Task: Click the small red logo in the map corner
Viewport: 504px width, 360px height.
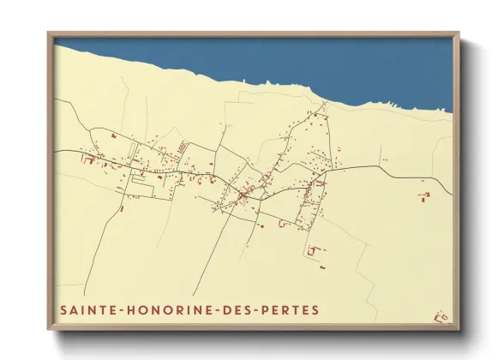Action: tap(441, 317)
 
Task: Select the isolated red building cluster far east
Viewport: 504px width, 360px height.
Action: tap(423, 196)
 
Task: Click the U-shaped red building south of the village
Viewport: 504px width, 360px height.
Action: tap(313, 250)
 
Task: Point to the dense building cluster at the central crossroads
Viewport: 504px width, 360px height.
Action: tap(243, 196)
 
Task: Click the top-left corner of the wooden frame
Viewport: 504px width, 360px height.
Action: tap(49, 34)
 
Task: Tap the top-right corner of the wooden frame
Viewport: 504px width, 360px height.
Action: tap(459, 34)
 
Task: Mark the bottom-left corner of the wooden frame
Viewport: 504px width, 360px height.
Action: tap(49, 330)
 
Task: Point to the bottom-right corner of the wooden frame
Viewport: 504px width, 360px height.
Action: tap(459, 330)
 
